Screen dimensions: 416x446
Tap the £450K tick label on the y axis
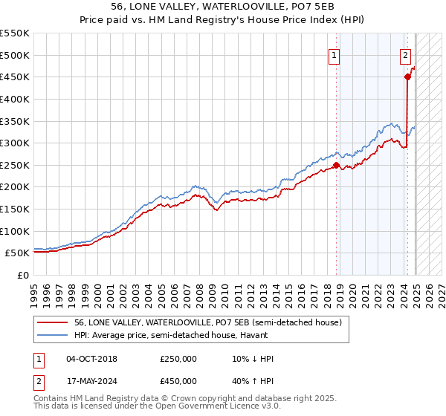15,77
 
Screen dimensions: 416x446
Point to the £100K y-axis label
15,231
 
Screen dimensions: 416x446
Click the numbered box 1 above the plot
334,54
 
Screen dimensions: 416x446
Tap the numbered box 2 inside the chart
405,54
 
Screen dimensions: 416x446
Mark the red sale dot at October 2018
336,165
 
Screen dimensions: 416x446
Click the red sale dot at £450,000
407,77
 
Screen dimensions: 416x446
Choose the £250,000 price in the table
178,359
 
